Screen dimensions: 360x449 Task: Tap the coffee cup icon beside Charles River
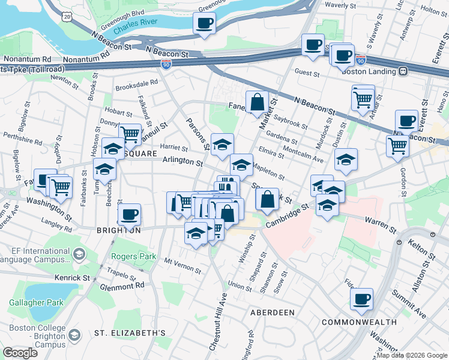point(204,23)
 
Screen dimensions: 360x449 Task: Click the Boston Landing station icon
point(403,71)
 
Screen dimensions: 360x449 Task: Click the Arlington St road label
point(183,161)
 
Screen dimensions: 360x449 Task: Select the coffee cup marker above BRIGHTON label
point(129,214)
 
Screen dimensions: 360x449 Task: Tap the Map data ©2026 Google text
point(411,355)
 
